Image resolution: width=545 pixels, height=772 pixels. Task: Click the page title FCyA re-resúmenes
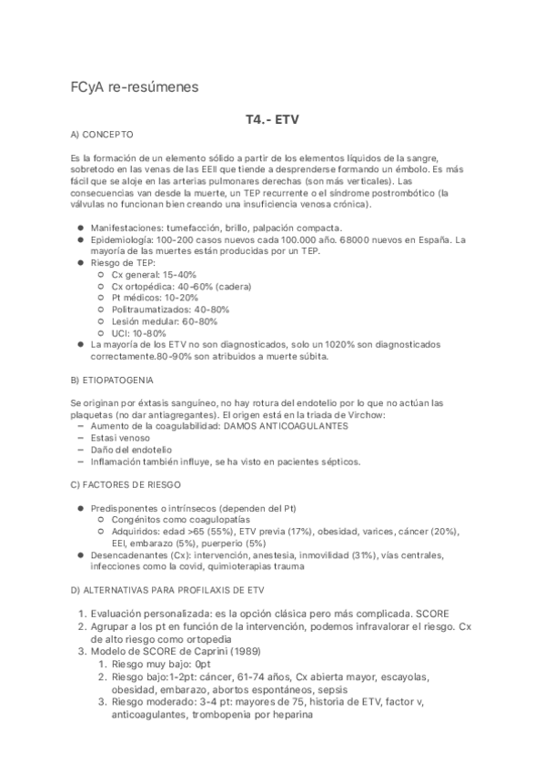pyautogui.click(x=135, y=88)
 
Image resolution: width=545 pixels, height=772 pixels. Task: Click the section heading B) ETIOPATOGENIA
pyautogui.click(x=111, y=378)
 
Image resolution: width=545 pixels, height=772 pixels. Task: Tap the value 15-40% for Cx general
pyautogui.click(x=177, y=273)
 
